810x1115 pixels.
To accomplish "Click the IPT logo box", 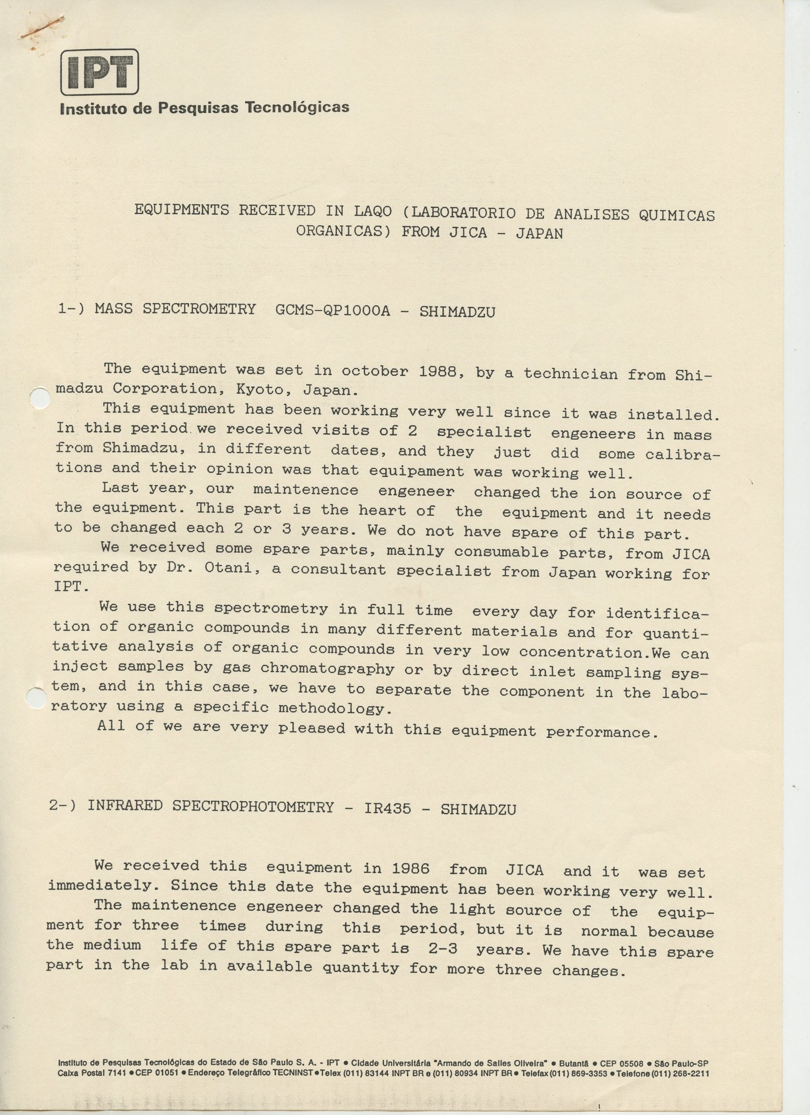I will pos(99,72).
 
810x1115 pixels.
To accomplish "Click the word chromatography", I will pos(327,669).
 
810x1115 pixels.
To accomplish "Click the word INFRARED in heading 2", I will pos(125,805).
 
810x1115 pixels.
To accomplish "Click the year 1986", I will pos(410,868).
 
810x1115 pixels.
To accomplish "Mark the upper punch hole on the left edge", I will pos(38,398).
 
